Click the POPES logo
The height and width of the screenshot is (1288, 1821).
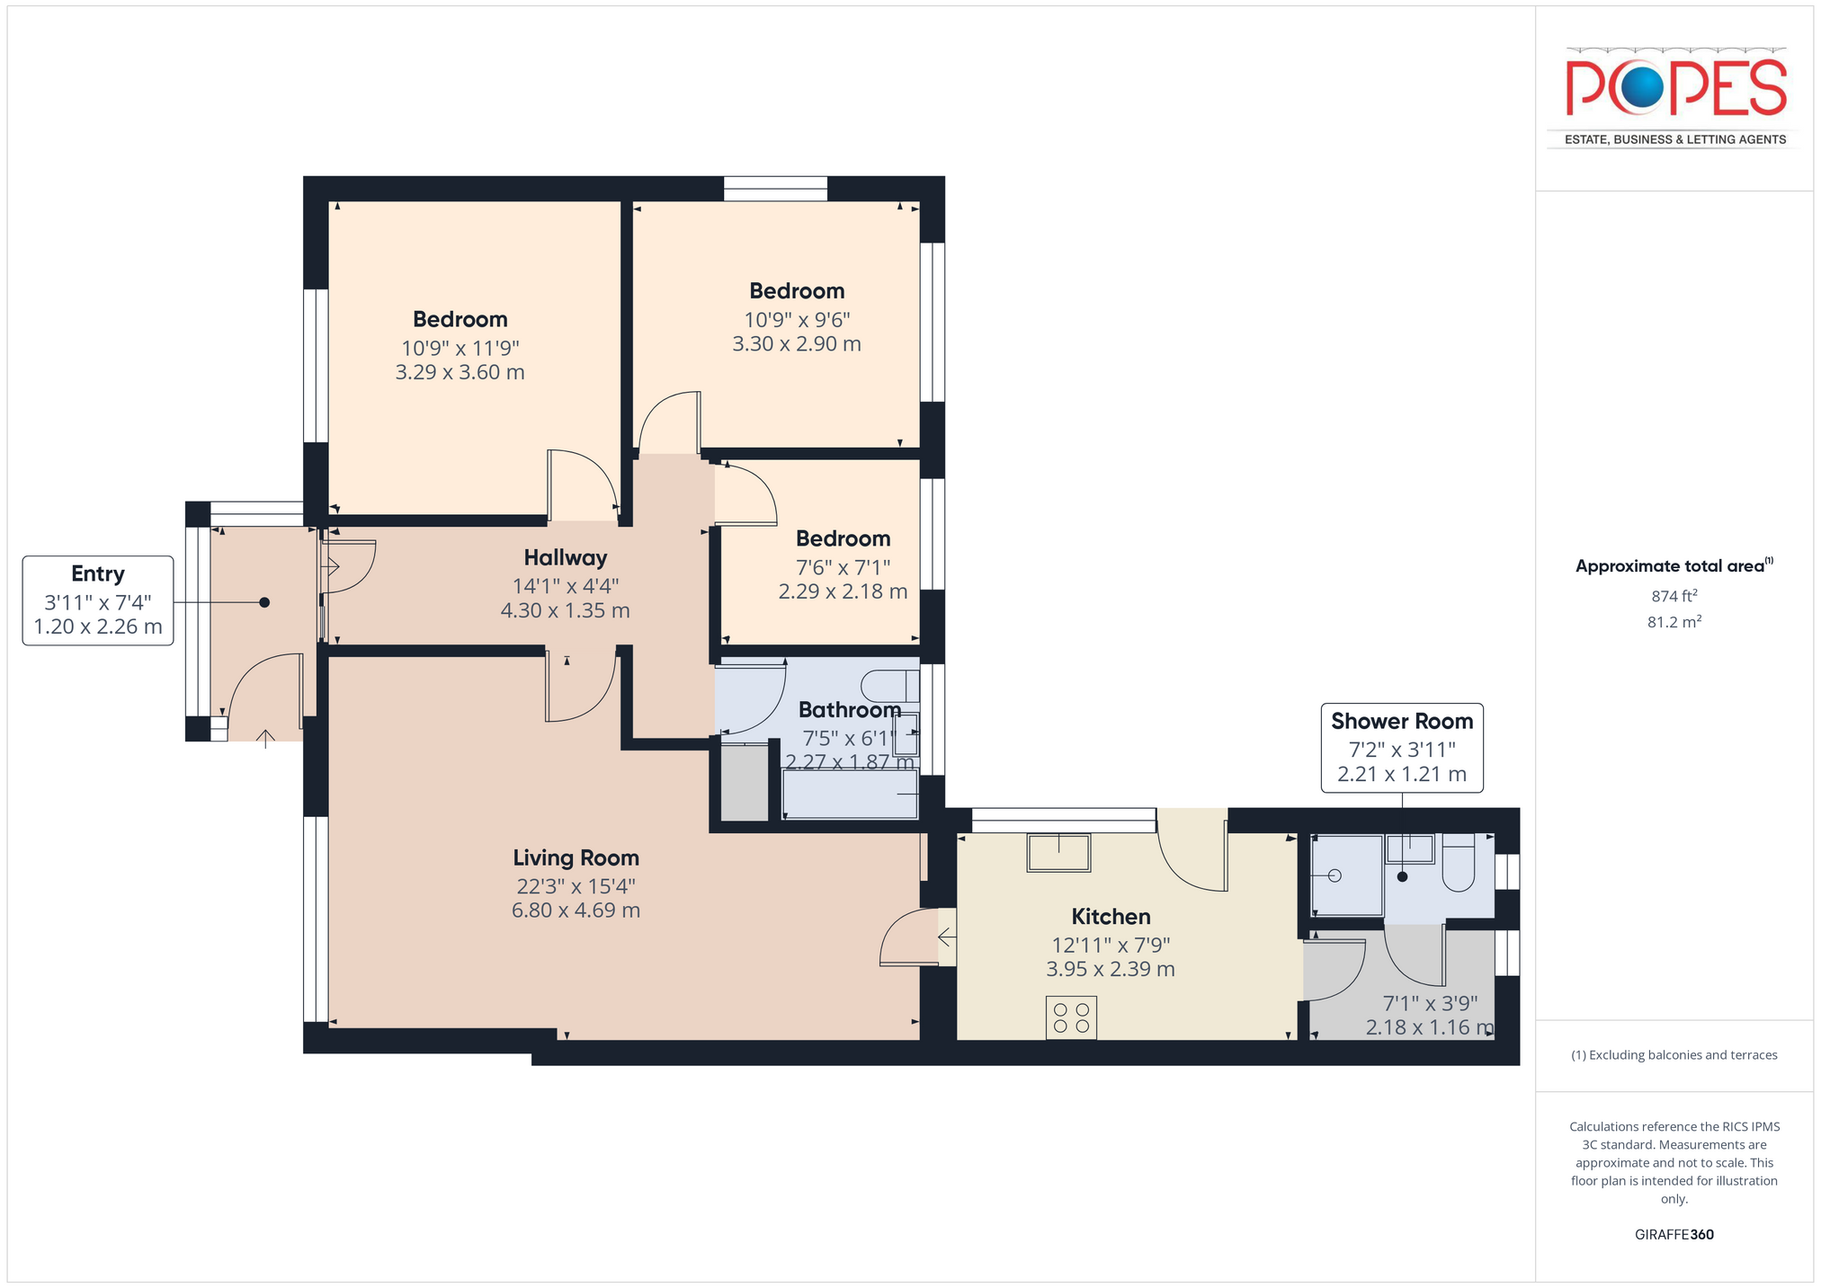pos(1675,97)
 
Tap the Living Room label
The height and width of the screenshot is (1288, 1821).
pos(576,857)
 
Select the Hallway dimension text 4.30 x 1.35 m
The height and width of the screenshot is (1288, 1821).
pos(566,611)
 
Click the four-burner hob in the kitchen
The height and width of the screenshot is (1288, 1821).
pos(1071,1017)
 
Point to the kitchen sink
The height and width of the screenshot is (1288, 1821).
pos(1059,852)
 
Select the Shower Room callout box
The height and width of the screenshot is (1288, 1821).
pos(1402,748)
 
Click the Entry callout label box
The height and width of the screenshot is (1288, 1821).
pos(98,600)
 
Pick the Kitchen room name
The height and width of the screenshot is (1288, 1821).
pos(1111,917)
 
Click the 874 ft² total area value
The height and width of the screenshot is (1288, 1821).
pos(1674,595)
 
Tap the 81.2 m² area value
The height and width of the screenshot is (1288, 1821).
pos(1674,622)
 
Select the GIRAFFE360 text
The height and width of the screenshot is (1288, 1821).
pos(1674,1234)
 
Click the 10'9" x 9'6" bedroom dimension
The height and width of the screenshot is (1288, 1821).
pos(797,319)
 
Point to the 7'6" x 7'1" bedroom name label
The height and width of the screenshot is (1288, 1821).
pos(843,538)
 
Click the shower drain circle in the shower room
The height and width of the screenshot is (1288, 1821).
pos(1335,875)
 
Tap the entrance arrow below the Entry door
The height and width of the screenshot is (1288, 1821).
pos(265,739)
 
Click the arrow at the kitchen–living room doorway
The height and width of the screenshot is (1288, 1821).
pos(946,937)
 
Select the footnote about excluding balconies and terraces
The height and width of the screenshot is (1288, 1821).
pos(1674,1055)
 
